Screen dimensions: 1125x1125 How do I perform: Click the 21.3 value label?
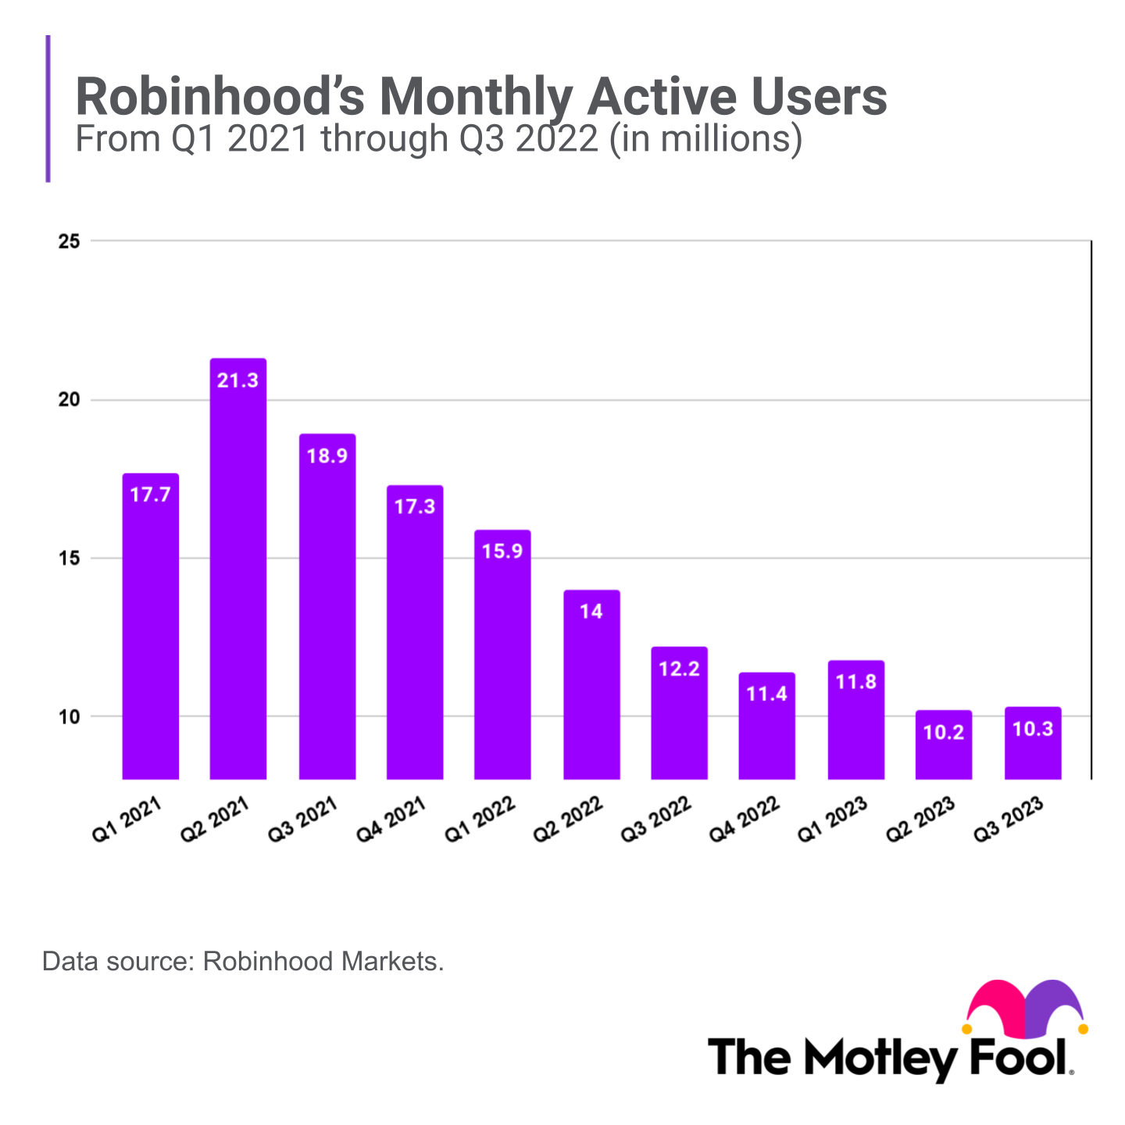click(238, 380)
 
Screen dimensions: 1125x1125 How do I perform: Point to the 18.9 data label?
click(327, 455)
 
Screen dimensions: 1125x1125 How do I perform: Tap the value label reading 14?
click(591, 611)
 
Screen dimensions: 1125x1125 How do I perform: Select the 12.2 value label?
click(679, 669)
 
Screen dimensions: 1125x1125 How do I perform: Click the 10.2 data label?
click(944, 733)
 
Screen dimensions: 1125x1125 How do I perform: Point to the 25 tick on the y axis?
click(70, 241)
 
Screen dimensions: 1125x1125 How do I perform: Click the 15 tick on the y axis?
click(70, 559)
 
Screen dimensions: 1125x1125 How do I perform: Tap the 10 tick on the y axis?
click(70, 716)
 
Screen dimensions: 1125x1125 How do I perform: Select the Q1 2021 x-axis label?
click(127, 820)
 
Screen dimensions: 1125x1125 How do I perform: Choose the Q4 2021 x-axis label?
click(391, 820)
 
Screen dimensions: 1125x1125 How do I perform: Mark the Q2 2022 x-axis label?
click(568, 820)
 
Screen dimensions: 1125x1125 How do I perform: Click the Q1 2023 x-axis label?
click(833, 820)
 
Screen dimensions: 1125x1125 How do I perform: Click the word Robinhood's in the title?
click(220, 98)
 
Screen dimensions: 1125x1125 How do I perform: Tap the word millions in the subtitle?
click(723, 139)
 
